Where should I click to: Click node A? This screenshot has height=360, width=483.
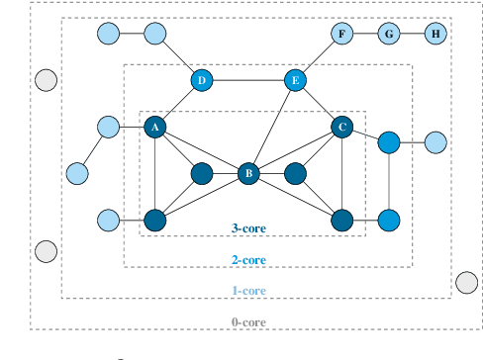tap(154, 127)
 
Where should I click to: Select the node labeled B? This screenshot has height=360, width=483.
tap(248, 173)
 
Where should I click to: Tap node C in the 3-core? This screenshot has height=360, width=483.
tap(342, 127)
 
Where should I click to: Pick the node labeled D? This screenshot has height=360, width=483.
tap(202, 80)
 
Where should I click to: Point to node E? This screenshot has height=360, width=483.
tap(295, 80)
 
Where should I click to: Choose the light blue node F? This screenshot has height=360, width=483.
tap(341, 35)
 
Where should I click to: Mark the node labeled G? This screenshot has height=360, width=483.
tap(389, 35)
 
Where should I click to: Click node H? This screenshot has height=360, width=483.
tap(435, 35)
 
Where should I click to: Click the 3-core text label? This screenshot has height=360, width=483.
tap(247, 228)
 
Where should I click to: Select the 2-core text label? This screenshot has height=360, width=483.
tap(247, 260)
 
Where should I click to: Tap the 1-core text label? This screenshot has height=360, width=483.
tap(247, 291)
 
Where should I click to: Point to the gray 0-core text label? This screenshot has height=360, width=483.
tap(247, 322)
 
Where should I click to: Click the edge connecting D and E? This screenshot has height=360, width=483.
tap(248, 80)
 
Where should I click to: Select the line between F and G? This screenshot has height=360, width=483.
tap(365, 35)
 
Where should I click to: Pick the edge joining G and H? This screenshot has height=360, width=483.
tap(412, 35)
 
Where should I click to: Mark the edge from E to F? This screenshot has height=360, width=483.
tap(318, 57)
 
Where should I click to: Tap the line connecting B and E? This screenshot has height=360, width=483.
tap(272, 127)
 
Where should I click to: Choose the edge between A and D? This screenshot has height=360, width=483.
tap(178, 104)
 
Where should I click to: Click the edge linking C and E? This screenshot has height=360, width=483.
tap(319, 104)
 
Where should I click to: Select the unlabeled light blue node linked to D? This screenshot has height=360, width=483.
tap(154, 35)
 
